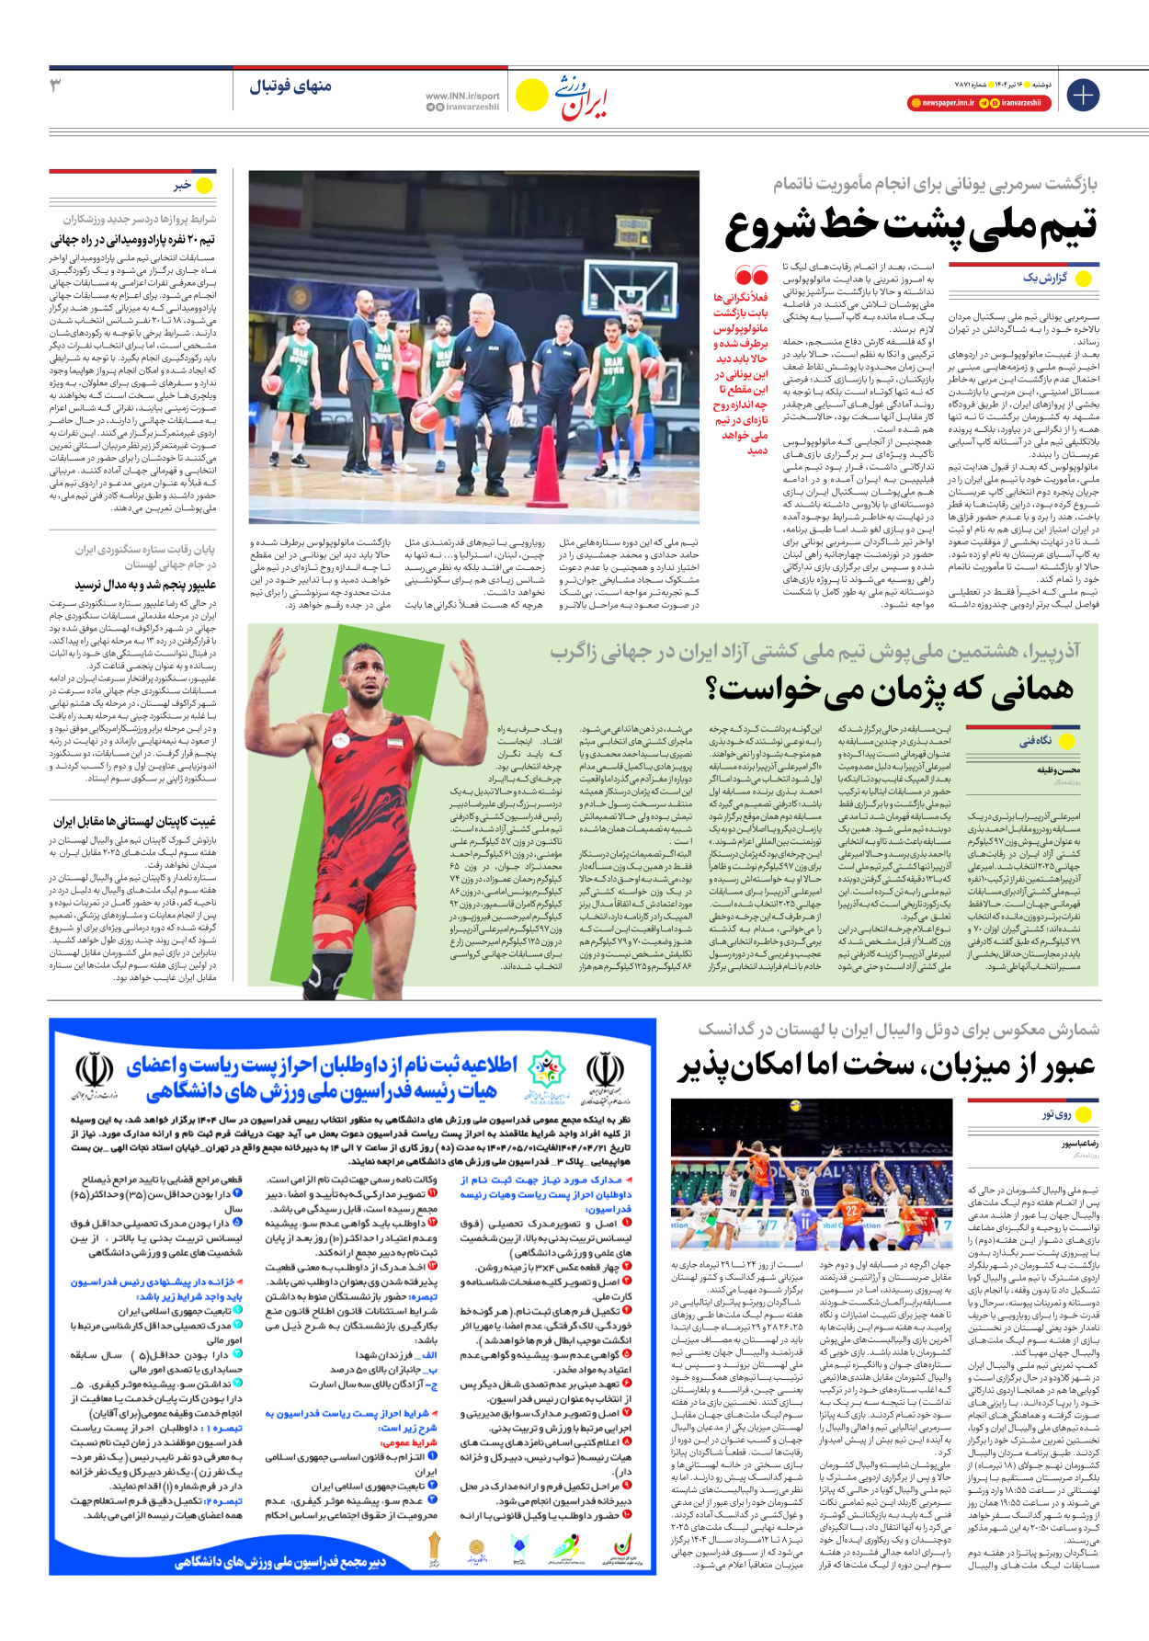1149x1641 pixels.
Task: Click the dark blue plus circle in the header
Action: point(1082,95)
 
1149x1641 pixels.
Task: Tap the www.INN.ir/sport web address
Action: point(462,96)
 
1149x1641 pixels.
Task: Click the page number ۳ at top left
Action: point(56,85)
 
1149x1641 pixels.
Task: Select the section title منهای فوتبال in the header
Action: point(290,86)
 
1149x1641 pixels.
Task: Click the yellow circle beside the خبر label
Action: point(204,186)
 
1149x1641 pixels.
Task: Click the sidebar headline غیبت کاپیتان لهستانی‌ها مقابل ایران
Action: point(134,822)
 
